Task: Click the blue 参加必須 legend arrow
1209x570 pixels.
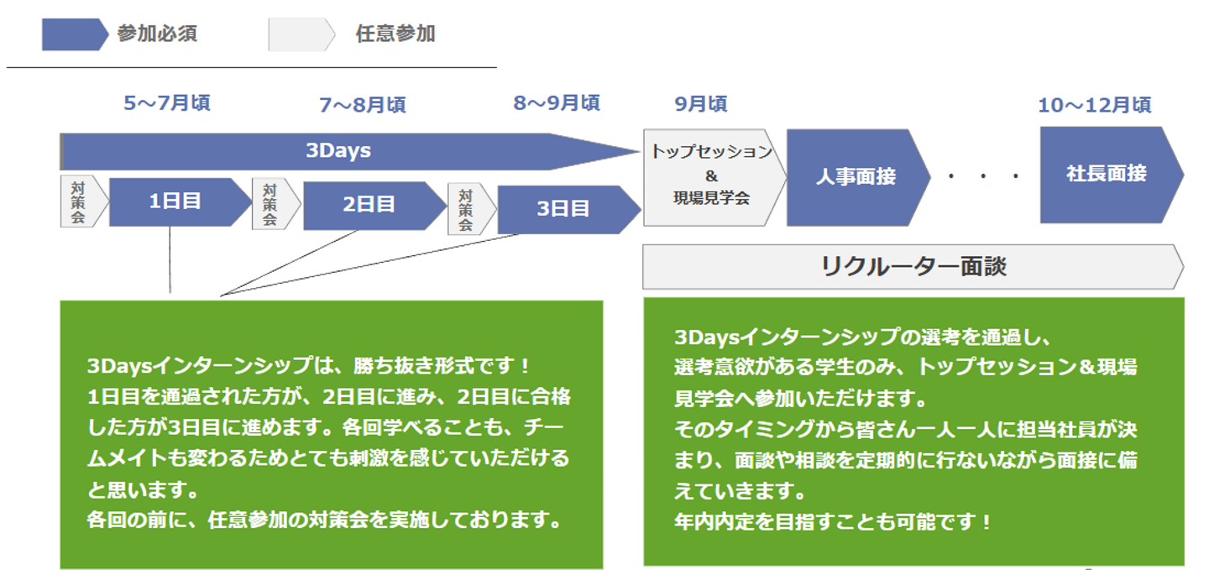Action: pyautogui.click(x=74, y=34)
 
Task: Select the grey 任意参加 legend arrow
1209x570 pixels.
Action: pyautogui.click(x=301, y=34)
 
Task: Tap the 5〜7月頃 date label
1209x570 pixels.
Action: pyautogui.click(x=166, y=103)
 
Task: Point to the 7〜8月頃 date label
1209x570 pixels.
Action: pyautogui.click(x=362, y=105)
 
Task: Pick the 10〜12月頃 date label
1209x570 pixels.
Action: pyautogui.click(x=1094, y=105)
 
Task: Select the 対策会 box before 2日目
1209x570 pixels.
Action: pyautogui.click(x=274, y=205)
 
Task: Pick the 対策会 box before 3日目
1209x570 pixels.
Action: pyautogui.click(x=468, y=209)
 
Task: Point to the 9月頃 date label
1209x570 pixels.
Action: pyautogui.click(x=700, y=104)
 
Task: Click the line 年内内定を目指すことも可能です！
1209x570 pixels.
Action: pyautogui.click(x=833, y=521)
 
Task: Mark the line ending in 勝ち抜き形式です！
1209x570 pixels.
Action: pyautogui.click(x=309, y=367)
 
